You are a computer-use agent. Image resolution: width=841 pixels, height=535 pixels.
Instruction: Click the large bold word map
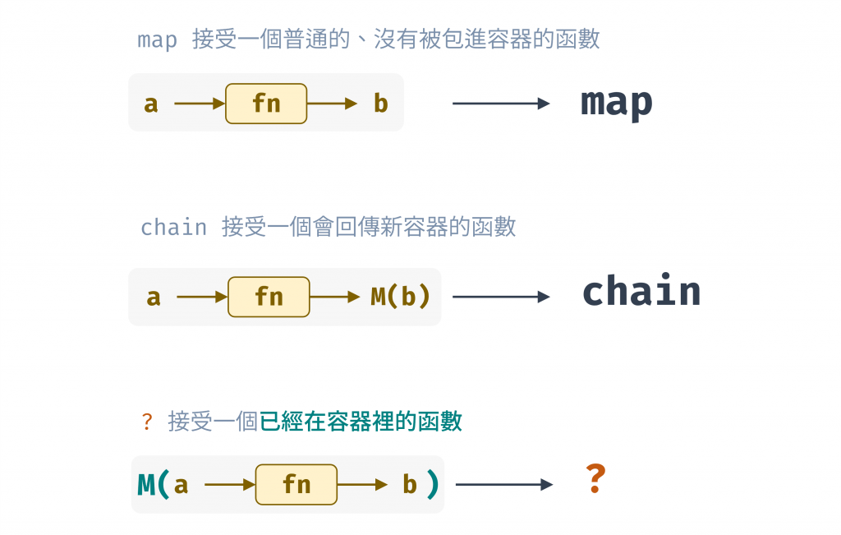coord(616,103)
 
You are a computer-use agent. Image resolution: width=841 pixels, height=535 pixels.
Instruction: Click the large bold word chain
coord(641,293)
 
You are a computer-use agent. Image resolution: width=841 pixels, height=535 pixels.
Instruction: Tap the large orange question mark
coord(595,478)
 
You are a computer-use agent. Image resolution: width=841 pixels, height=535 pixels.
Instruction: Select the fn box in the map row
coord(266,104)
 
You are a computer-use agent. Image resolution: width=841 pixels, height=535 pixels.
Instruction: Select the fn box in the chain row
coord(269,297)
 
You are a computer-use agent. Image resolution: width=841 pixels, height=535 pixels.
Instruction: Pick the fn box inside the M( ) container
coord(296,485)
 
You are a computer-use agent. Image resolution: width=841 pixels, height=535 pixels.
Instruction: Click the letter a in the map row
coord(151,104)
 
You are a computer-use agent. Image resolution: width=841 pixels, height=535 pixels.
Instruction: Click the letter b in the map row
coord(380,104)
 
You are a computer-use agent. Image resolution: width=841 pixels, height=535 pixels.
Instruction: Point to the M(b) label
coord(401,297)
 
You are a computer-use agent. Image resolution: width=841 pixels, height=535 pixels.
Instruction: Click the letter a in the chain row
coord(154,297)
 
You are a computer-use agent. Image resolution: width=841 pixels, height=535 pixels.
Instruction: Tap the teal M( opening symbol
coord(154,484)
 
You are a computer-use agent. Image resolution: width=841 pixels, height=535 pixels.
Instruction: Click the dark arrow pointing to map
coord(501,104)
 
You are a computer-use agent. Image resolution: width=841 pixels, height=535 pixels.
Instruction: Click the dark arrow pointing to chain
coord(501,297)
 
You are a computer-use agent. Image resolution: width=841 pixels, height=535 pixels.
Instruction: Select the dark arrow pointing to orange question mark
coord(503,485)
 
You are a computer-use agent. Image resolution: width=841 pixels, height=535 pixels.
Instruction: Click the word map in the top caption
coord(157,39)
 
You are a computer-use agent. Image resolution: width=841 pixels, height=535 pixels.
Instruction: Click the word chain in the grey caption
coord(173,228)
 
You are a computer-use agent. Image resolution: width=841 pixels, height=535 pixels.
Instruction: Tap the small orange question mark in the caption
coord(147,422)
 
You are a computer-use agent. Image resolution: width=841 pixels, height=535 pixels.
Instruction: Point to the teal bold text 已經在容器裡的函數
coord(361,422)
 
